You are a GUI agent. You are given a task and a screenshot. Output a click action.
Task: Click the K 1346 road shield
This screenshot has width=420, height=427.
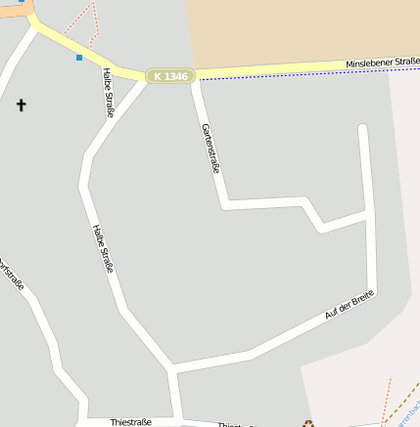click(x=171, y=75)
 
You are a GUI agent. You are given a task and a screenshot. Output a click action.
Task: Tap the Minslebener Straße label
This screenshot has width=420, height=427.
click(x=382, y=64)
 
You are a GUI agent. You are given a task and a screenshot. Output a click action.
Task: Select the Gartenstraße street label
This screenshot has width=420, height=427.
click(x=210, y=149)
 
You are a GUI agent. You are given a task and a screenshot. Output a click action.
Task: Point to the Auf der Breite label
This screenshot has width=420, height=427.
click(x=350, y=306)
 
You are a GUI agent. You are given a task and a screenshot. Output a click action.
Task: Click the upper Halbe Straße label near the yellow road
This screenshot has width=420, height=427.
click(x=108, y=92)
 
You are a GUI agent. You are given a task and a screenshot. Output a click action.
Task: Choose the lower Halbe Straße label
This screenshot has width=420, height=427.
click(x=103, y=248)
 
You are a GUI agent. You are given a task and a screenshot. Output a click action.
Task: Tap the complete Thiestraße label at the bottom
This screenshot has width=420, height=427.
click(x=131, y=422)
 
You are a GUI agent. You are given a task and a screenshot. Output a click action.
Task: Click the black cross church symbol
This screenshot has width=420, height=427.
click(x=21, y=104)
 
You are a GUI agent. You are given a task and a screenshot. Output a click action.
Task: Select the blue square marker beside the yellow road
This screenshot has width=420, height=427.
click(x=79, y=58)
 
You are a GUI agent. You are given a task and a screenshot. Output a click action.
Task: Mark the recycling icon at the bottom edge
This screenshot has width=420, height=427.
click(x=309, y=423)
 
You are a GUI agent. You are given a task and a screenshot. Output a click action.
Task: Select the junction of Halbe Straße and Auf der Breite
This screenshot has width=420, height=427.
click(x=172, y=369)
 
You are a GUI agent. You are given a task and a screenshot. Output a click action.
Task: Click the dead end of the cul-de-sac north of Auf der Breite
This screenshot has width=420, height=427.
click(x=363, y=127)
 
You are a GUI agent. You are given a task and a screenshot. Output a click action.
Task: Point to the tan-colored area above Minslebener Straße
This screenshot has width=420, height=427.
click(x=294, y=29)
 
